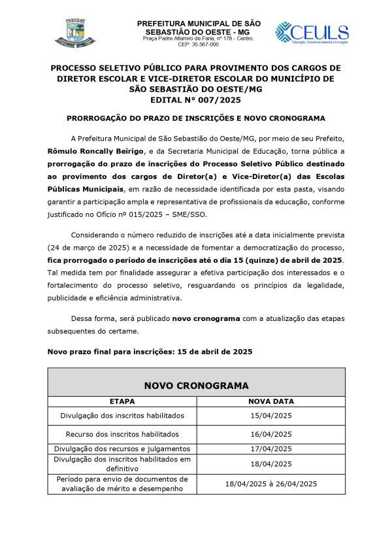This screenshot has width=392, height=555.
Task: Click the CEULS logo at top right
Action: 312,33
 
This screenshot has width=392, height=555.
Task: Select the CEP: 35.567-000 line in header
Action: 198,44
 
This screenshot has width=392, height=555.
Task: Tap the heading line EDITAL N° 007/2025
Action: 195,100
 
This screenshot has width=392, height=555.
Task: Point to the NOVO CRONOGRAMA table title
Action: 196,386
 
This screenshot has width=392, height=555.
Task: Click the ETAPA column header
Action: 122,401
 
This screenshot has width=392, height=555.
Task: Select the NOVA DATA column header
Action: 271,401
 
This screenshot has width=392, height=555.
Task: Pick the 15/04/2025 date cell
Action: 271,416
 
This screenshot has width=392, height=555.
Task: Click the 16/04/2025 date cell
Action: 271,434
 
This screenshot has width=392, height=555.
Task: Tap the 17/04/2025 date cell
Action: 271,448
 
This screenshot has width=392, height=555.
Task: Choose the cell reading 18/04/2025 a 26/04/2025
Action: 271,484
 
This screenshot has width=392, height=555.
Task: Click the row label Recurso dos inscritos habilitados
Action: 122,434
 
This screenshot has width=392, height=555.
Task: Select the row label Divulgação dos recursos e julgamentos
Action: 122,448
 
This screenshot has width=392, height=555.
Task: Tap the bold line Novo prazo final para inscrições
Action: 150,352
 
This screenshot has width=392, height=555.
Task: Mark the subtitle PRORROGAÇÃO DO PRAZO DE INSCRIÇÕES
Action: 196,118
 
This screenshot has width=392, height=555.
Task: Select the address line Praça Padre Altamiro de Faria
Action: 198,39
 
